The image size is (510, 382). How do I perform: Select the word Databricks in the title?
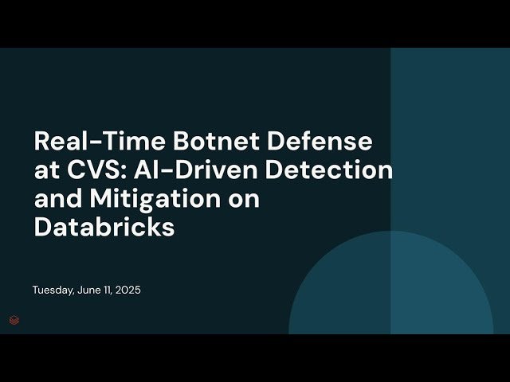tap(104, 226)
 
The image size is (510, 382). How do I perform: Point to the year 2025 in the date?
tap(128, 290)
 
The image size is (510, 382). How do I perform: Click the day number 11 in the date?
tap(108, 290)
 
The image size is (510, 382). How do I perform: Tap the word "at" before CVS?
tap(45, 170)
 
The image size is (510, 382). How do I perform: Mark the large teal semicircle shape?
tap(390, 286)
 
